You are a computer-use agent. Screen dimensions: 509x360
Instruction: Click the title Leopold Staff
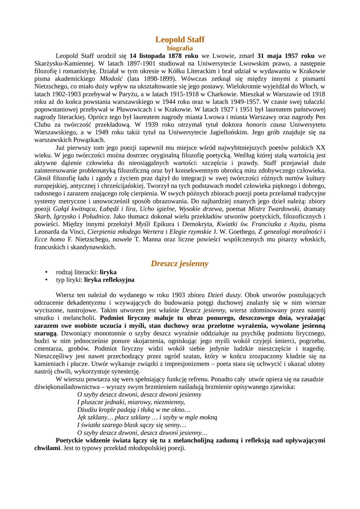pos(180,40)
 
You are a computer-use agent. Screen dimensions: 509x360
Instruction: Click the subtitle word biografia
pos(180,48)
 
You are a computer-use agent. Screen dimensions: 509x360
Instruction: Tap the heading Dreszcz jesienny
pos(180,263)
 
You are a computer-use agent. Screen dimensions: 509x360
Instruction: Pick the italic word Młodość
pos(112,79)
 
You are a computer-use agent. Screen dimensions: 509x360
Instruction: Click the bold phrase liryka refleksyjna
pos(109,280)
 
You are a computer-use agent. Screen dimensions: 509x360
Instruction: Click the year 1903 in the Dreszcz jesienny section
pos(179,295)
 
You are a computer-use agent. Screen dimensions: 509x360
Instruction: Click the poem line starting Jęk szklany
pos(147,417)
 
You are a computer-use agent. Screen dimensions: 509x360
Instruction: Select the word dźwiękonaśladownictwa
pos(68,387)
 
